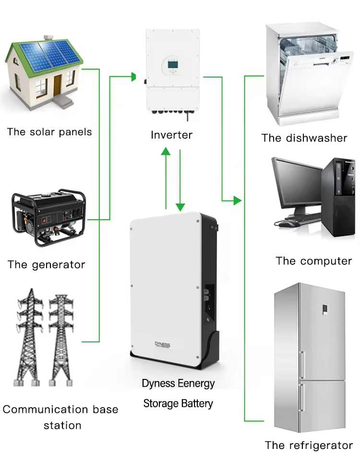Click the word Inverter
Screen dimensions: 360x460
coord(171,135)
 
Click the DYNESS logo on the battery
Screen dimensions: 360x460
coord(162,344)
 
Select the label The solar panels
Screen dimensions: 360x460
coord(49,132)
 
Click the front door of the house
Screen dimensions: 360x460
coord(58,85)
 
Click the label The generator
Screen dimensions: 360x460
coord(47,265)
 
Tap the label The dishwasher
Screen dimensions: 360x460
coord(304,138)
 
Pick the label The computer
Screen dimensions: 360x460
coord(314,261)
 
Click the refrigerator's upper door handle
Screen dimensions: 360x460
coord(302,365)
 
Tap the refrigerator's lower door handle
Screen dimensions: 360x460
coord(302,397)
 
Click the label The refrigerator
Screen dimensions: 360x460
coord(309,445)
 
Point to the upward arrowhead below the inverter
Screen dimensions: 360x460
coord(166,152)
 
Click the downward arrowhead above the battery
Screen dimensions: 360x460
coord(180,207)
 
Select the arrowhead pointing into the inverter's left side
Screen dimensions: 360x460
coord(133,77)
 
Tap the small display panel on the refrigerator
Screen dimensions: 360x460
coord(325,310)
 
